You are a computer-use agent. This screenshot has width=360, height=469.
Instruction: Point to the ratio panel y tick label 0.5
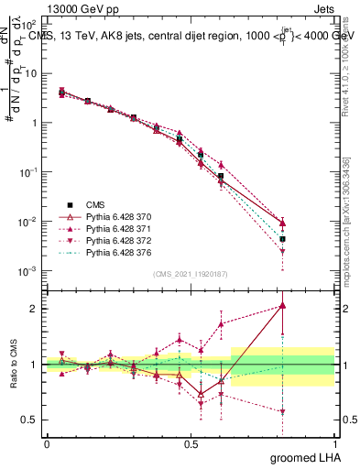point(29,420)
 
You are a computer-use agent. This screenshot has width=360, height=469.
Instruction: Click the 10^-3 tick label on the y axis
point(27,271)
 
